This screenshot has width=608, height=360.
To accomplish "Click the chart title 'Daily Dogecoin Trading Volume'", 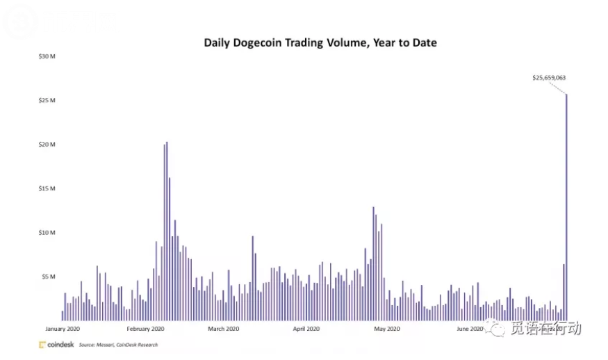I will click(320, 43).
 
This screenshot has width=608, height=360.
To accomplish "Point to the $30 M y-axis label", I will click(47, 56).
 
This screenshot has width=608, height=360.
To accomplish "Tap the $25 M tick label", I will click(47, 101).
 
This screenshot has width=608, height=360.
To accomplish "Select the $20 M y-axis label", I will click(47, 145).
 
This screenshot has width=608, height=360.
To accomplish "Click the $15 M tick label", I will click(47, 188).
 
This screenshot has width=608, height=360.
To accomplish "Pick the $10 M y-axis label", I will click(47, 232).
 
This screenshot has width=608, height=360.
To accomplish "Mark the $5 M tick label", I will click(48, 277).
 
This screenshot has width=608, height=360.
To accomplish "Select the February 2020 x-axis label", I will click(146, 329).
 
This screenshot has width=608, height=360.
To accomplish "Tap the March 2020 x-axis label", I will click(224, 329).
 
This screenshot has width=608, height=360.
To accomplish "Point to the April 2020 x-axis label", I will click(306, 329).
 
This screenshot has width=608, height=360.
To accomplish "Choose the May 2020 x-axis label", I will click(387, 329).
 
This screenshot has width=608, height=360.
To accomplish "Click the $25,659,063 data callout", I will click(549, 78).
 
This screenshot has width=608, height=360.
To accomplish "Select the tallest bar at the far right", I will click(566, 208).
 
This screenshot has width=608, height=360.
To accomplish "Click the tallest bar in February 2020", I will click(167, 229).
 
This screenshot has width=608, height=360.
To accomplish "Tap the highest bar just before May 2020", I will click(373, 264).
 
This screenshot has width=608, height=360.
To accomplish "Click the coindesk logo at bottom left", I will click(56, 345).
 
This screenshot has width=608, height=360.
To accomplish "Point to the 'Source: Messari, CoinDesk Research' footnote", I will click(118, 345).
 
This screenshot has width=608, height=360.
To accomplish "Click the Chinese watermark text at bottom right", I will click(545, 329).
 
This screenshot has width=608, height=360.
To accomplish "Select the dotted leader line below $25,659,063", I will click(559, 88).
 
